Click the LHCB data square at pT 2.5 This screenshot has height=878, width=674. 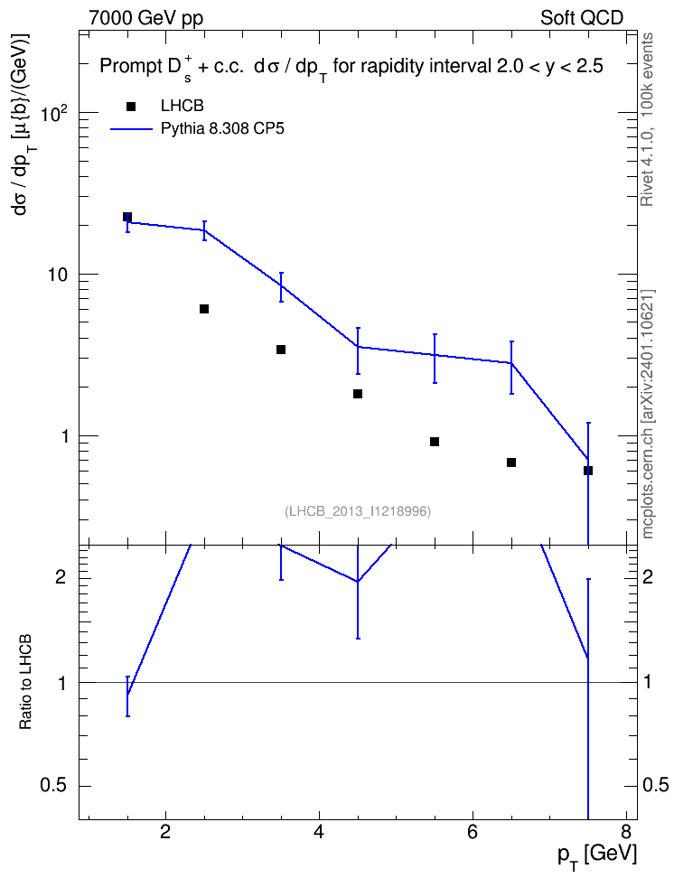[204, 309]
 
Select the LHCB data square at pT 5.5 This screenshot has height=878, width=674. [435, 442]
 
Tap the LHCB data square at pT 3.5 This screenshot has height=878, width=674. [281, 350]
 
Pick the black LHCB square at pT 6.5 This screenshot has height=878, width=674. [511, 462]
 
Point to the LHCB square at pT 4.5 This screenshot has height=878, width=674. [358, 394]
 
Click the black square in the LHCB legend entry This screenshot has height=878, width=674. [131, 107]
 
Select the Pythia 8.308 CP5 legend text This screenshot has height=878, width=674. [222, 129]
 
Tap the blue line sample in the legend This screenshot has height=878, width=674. [131, 129]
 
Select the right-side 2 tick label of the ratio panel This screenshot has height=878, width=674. [647, 577]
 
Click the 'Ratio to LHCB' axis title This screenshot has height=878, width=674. [25, 682]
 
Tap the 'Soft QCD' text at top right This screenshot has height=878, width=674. [582, 18]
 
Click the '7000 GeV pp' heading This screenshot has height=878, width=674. [145, 18]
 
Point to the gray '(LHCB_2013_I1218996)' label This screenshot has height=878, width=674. [358, 511]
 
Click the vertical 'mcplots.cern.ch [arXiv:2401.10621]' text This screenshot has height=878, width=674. [648, 415]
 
